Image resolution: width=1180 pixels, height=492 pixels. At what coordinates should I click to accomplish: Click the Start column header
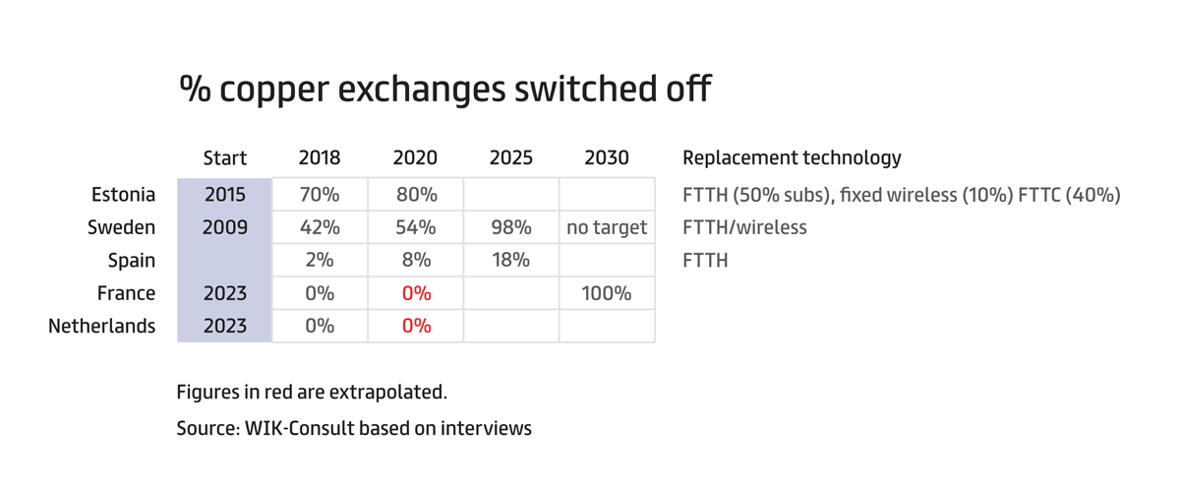click(225, 157)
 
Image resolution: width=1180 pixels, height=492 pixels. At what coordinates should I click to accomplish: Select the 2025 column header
click(511, 157)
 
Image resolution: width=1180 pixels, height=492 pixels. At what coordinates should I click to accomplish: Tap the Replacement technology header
click(792, 157)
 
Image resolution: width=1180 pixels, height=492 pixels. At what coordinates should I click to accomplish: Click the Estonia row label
click(123, 195)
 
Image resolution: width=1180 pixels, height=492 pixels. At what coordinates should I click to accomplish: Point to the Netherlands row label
click(101, 326)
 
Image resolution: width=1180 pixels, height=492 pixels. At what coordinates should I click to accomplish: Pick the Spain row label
click(131, 261)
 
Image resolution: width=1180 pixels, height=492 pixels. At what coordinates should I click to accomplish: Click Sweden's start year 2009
click(225, 227)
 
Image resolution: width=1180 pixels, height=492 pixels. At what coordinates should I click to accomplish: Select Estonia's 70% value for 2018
click(320, 195)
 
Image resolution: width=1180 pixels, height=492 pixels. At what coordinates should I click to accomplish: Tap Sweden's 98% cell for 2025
click(511, 227)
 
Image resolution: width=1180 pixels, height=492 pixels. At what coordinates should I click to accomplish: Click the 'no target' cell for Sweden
click(607, 227)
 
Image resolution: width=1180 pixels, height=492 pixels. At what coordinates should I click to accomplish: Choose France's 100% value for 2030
click(607, 293)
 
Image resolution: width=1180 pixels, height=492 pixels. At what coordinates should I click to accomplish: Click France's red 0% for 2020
click(416, 293)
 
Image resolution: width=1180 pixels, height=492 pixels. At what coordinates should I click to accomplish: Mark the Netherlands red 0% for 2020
click(416, 326)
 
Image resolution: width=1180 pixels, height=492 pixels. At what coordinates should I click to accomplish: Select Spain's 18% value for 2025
click(511, 260)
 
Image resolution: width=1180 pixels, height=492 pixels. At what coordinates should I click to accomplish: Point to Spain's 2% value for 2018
click(320, 260)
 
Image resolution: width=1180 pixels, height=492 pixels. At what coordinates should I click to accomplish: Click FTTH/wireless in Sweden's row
click(745, 227)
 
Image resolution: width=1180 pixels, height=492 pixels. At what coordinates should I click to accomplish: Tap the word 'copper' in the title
click(274, 90)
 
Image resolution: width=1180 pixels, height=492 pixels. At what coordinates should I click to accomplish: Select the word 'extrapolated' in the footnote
click(388, 393)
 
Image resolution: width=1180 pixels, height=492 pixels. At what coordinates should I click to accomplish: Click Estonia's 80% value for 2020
click(417, 195)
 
